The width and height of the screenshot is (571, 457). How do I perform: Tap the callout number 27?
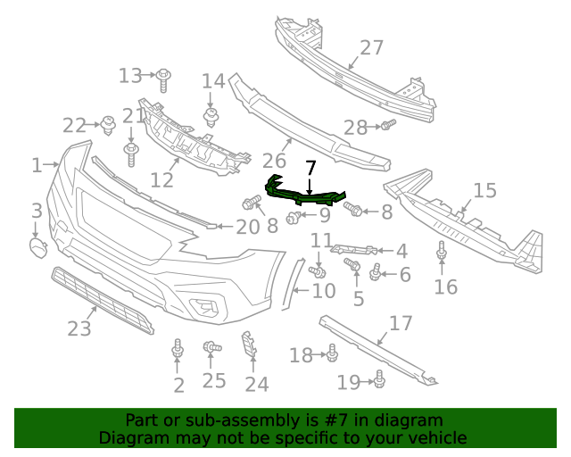click(x=371, y=48)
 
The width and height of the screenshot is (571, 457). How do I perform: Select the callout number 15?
click(x=484, y=190)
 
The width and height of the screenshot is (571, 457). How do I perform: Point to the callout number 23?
click(x=79, y=328)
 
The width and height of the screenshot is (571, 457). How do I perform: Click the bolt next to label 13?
click(x=164, y=80)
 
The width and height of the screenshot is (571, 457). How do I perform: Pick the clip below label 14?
click(x=212, y=117)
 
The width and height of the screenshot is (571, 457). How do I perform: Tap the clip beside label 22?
click(x=109, y=125)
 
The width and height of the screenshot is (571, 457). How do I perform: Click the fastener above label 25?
click(x=212, y=348)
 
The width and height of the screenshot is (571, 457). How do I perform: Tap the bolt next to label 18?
click(x=332, y=354)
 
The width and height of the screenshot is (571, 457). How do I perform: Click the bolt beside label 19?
click(x=378, y=381)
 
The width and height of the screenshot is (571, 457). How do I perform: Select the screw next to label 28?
click(x=387, y=126)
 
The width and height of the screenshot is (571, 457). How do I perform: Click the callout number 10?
click(x=324, y=291)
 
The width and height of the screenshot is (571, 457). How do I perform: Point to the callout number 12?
click(x=161, y=180)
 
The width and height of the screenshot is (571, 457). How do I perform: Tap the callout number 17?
click(x=401, y=323)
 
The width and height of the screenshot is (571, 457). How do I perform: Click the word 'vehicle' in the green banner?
click(x=437, y=437)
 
